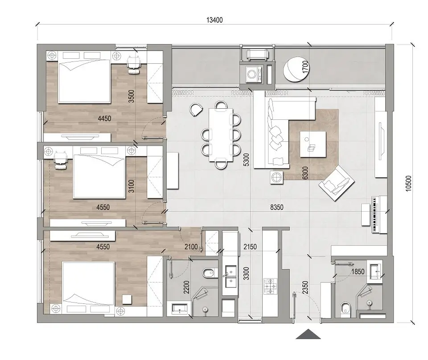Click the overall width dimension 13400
[x=214, y=20]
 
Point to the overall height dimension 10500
[x=409, y=183]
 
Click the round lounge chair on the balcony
[x=294, y=69]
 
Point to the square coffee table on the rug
[x=313, y=144]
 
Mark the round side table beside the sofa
[x=276, y=177]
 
